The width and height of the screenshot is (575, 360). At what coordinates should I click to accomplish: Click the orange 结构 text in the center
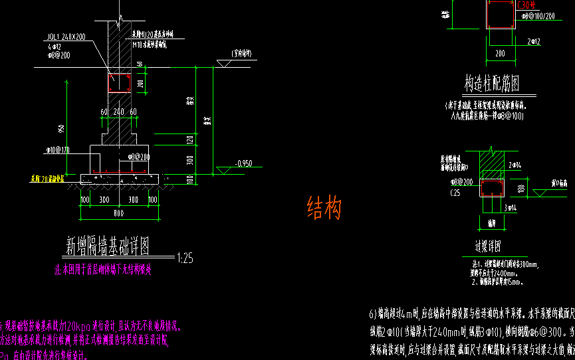324,209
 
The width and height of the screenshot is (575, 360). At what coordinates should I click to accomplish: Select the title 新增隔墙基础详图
107,246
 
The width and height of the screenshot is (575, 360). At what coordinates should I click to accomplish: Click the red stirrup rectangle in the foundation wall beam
120,82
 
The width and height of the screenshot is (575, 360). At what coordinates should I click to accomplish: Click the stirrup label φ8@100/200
538,15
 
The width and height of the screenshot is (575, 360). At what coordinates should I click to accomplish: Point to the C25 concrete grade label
455,192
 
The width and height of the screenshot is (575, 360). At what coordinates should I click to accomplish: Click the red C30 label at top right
526,4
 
